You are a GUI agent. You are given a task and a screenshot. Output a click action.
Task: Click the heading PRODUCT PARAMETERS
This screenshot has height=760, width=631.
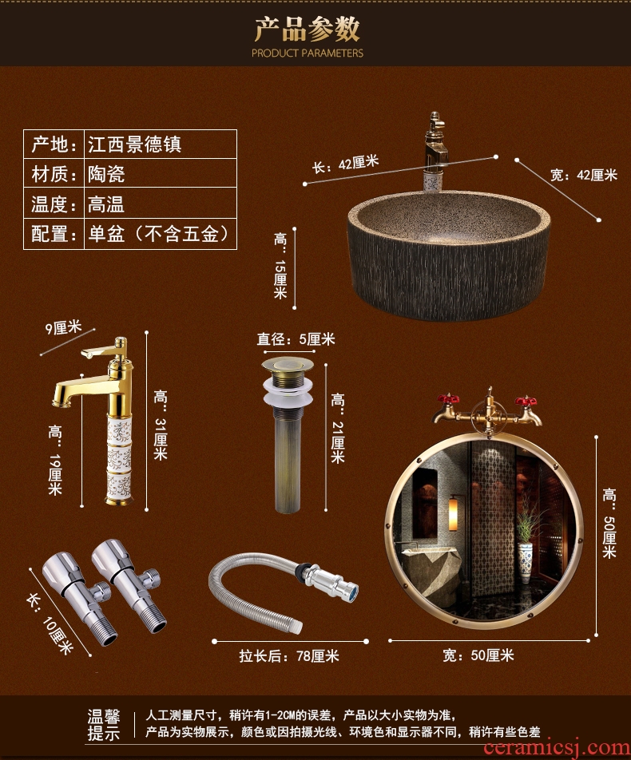(308, 53)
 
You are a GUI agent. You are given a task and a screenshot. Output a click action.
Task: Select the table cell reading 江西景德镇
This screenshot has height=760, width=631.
(161, 144)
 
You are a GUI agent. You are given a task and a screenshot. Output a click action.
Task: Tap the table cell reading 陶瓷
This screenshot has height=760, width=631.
(161, 173)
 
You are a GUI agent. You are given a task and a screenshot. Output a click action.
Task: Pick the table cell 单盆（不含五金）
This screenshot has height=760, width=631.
(161, 234)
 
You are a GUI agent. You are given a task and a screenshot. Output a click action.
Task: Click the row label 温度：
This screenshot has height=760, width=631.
(54, 203)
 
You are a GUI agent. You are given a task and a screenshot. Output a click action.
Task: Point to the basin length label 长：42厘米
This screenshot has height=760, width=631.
(345, 164)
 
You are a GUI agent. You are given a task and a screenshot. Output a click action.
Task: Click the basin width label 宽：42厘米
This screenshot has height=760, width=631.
(583, 175)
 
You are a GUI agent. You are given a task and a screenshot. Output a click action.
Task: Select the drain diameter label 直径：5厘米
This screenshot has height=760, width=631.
(296, 338)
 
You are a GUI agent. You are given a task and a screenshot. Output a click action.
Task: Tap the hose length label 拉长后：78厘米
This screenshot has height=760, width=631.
(289, 655)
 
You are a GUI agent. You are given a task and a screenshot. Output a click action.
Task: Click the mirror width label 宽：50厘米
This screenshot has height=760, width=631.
(478, 655)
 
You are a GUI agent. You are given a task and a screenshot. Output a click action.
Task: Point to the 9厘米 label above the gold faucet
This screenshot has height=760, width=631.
(63, 327)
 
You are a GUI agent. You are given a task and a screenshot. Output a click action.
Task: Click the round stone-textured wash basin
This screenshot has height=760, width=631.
(449, 255)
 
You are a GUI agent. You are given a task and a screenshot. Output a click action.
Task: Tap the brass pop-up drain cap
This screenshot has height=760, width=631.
(287, 366)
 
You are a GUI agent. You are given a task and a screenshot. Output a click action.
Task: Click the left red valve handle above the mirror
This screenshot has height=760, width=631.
(448, 400)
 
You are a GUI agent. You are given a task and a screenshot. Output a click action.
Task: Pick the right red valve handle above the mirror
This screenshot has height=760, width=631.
(526, 401)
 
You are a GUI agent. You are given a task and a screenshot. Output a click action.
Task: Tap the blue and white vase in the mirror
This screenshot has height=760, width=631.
(525, 562)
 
